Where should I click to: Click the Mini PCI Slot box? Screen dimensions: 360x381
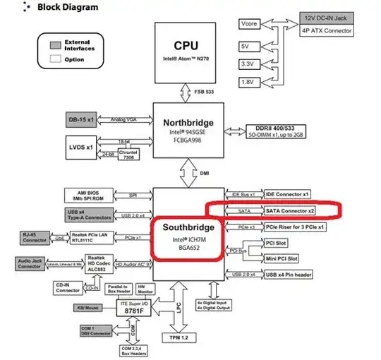(x=281, y=259)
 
